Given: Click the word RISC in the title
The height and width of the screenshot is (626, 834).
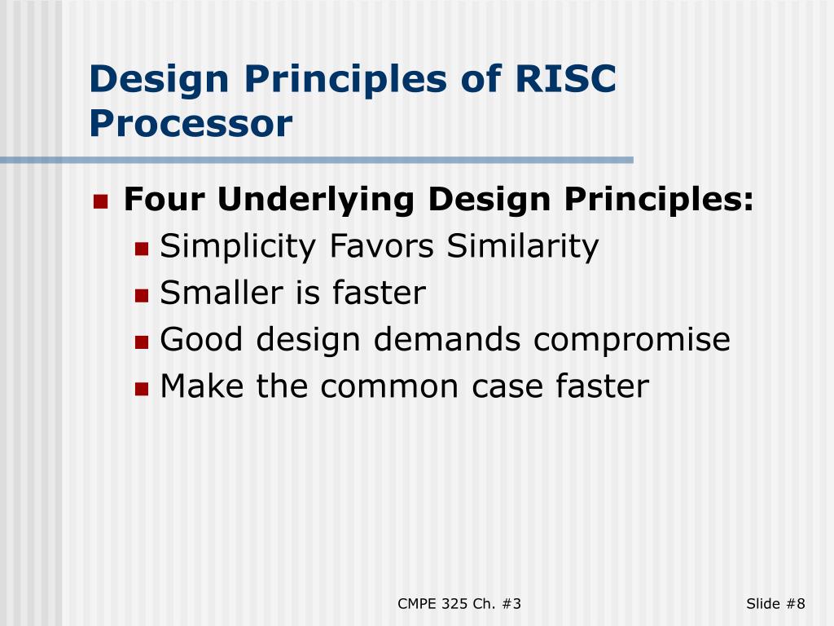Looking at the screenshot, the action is click(566, 78).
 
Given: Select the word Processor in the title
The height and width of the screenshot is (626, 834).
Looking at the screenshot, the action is click(191, 123).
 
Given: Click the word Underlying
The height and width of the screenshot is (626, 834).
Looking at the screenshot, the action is click(316, 201).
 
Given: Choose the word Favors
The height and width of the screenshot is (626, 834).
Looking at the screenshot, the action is click(382, 246).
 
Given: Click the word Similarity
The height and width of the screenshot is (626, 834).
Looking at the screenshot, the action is click(523, 247).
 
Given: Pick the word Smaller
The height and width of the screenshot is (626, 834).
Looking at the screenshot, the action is click(222, 293).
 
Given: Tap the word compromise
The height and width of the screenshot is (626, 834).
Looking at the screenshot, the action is click(632, 341).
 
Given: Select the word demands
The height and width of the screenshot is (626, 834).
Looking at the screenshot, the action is click(447, 339).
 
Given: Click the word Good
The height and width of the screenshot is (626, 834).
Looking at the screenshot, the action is click(202, 339).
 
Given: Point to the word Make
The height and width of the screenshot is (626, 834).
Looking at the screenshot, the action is click(202, 386).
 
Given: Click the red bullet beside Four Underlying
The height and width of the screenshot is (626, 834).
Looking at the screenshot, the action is click(100, 202).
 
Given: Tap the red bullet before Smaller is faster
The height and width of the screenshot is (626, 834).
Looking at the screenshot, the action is click(142, 295).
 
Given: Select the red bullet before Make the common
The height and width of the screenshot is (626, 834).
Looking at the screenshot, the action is click(142, 389).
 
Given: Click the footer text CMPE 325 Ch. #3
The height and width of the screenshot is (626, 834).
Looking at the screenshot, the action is click(459, 604).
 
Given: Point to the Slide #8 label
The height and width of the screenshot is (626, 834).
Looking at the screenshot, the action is click(775, 604).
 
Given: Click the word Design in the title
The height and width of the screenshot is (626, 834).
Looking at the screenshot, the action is click(159, 79).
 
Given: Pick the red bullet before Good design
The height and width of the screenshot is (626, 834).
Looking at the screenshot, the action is click(142, 342).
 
